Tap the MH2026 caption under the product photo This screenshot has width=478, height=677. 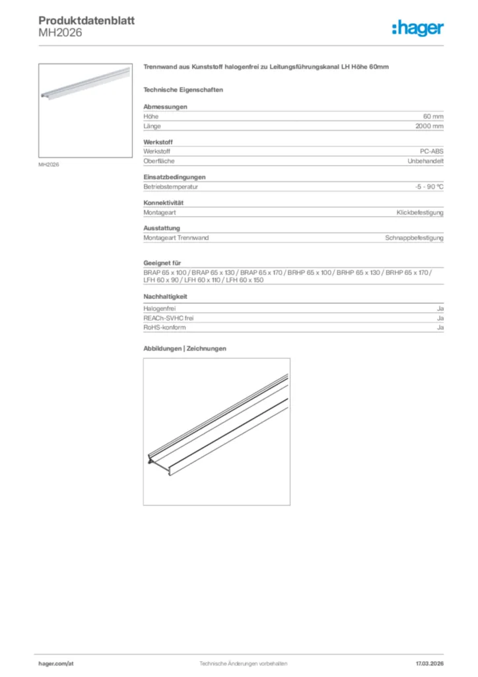tap(49, 165)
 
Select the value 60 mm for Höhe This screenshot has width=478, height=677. tap(433, 116)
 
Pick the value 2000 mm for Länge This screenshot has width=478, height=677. tap(429, 126)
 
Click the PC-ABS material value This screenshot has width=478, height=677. tap(432, 151)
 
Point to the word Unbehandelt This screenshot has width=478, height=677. tap(425, 161)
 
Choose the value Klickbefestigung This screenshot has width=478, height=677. tap(420, 213)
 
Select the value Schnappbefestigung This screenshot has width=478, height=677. tap(415, 238)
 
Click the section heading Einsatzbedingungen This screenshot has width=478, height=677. tap(174, 177)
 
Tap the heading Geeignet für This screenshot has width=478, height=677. tap(162, 264)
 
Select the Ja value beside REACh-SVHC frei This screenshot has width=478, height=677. tap(440, 318)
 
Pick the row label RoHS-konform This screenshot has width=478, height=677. tap(164, 327)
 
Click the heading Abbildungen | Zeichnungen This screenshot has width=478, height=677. tap(185, 348)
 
